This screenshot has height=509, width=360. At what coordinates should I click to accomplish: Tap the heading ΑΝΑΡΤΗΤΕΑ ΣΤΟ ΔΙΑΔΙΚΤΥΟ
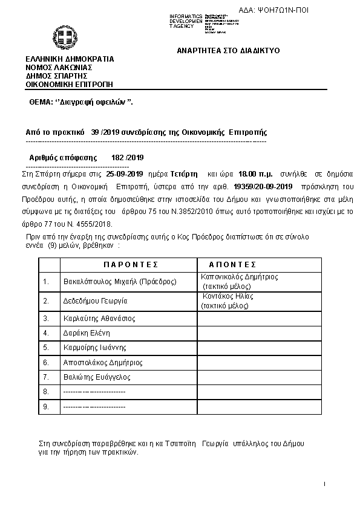coord(228,51)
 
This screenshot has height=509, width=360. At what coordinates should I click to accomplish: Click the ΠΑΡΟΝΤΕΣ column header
coord(130,265)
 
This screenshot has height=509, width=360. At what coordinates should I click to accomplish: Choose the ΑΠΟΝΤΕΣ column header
coord(232,265)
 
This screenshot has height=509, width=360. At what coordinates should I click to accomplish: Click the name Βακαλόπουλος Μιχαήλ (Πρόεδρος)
coord(120,281)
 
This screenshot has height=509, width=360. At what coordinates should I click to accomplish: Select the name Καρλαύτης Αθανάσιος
coord(99,318)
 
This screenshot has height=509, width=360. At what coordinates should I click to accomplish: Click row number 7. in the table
coord(45,377)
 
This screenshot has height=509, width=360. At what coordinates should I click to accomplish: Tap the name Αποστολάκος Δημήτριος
coord(103,362)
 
